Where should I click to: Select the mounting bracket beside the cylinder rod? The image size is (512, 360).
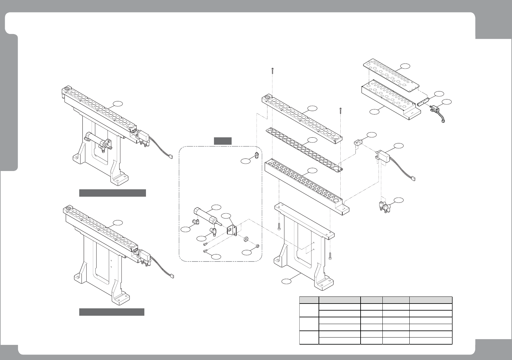232,230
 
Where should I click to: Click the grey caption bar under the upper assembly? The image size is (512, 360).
113,193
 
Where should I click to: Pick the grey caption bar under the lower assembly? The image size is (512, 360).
112,312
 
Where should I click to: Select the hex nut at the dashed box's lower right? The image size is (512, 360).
257,246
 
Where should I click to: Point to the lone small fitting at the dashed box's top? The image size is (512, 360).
256,155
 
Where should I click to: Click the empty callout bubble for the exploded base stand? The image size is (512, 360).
286,281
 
